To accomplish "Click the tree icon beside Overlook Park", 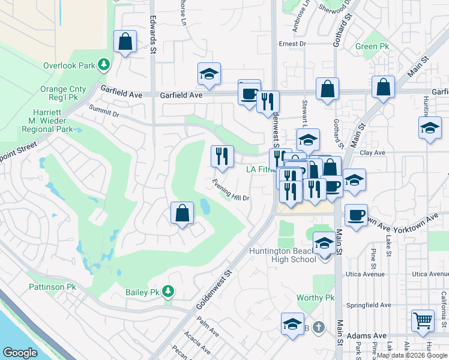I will pyautogui.click(x=104, y=64).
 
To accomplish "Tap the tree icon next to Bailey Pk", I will pyautogui.click(x=168, y=292).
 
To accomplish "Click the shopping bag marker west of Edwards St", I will pyautogui.click(x=125, y=42).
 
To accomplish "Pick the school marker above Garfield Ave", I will pyautogui.click(x=209, y=74).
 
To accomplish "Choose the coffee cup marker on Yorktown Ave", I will pyautogui.click(x=356, y=214).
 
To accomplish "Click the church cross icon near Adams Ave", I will pyautogui.click(x=319, y=328).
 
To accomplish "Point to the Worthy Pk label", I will pyautogui.click(x=315, y=298).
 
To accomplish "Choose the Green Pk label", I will pyautogui.click(x=371, y=47).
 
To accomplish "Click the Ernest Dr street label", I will pyautogui.click(x=292, y=44).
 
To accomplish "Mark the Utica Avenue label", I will pyautogui.click(x=365, y=274).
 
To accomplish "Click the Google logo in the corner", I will pyautogui.click(x=20, y=353).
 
